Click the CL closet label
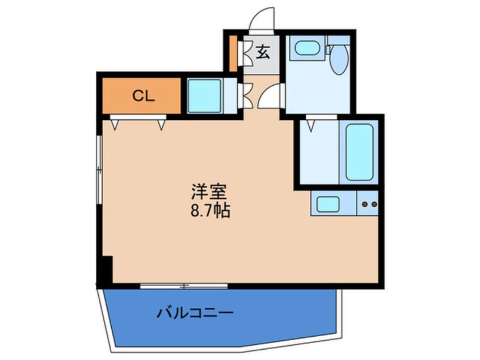coord(144,96)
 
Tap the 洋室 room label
coord(209,192)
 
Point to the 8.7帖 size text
coord(210,211)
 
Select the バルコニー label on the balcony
coord(195,313)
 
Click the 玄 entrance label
coord(263,52)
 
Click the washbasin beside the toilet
coord(307,48)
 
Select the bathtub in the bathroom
coord(359,152)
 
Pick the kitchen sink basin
coord(328,204)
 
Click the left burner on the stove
coord(365,204)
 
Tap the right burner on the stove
coord(374,204)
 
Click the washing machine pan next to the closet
coord(204,96)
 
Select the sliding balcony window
coord(184,286)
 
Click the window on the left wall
coord(99,169)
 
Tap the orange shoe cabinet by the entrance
coord(233,53)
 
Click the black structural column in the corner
coord(105,270)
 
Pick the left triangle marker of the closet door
coord(115,125)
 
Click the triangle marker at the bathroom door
coord(311,125)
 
